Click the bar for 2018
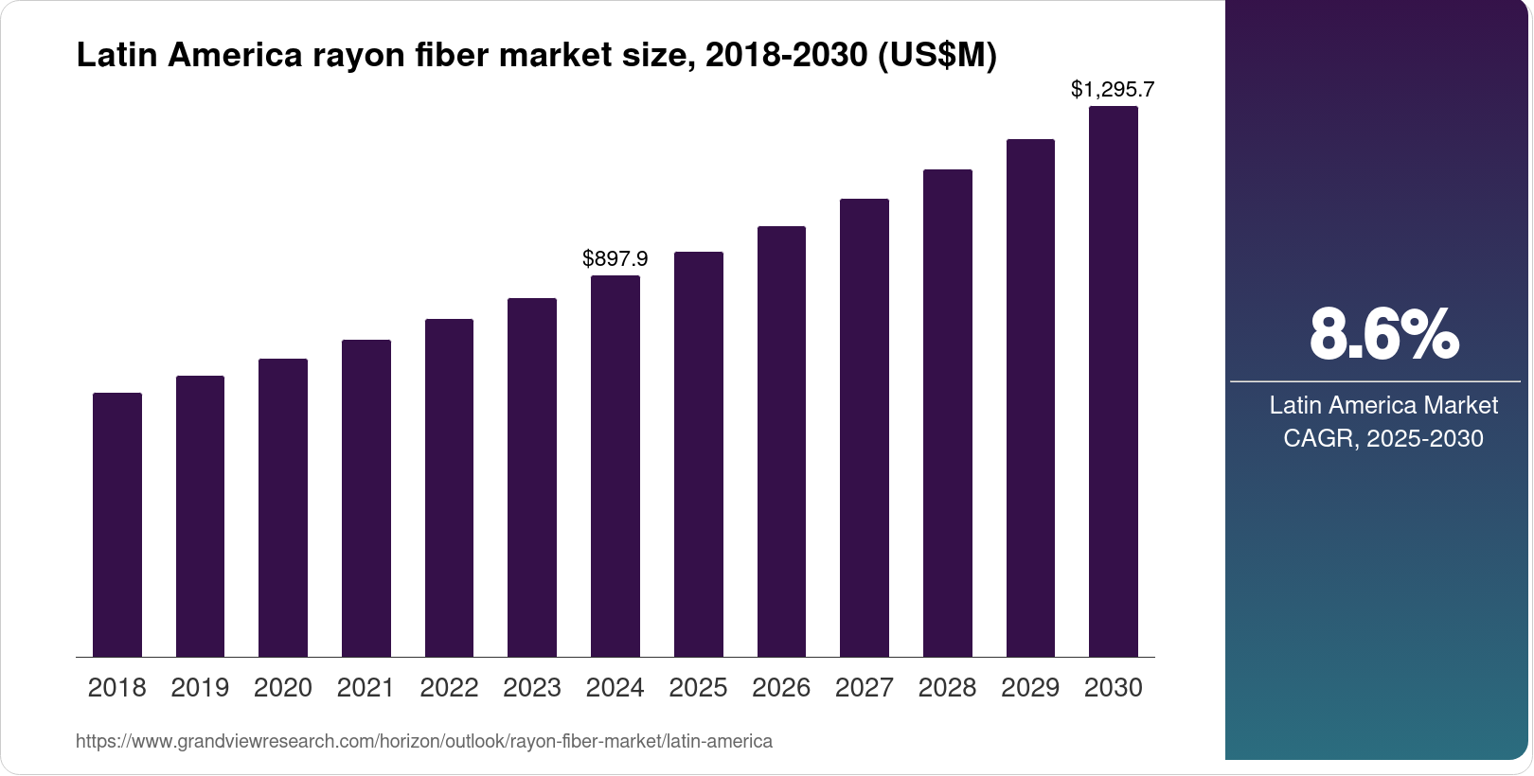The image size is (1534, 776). tap(117, 525)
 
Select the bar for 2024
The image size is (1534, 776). tap(615, 467)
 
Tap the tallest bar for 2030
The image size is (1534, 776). tap(1113, 381)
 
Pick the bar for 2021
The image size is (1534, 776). tap(366, 499)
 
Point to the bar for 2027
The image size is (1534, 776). tap(864, 428)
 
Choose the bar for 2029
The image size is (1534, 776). tap(1030, 398)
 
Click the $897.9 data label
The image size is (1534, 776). tap(615, 258)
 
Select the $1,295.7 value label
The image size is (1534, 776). tap(1113, 90)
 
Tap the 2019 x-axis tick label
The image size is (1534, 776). tap(200, 688)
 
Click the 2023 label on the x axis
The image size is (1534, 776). tap(532, 688)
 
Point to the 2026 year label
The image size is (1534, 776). tap(781, 688)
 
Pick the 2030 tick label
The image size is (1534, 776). tap(1113, 688)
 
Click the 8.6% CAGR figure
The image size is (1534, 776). tap(1383, 334)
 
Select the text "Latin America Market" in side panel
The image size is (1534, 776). tap(1383, 405)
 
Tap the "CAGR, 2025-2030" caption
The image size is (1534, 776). tap(1383, 438)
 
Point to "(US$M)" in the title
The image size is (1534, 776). tap(937, 56)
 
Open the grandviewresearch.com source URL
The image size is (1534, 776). tap(424, 741)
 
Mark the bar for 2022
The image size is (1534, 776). tap(449, 488)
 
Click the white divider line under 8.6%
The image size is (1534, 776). tap(1375, 381)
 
